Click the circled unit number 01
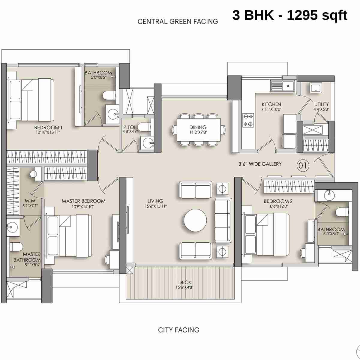[303, 165]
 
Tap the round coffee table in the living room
[195, 220]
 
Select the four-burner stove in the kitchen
[248, 120]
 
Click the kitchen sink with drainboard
[283, 86]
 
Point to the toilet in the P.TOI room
[145, 127]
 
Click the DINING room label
[198, 127]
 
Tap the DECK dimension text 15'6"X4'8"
[184, 287]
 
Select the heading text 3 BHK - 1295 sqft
[289, 15]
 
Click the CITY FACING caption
[178, 330]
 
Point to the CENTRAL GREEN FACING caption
[178, 22]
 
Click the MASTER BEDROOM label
[83, 201]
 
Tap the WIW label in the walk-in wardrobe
[30, 201]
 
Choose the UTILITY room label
[321, 104]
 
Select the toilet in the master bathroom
[16, 247]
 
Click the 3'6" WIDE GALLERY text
[260, 164]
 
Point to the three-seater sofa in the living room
[223, 220]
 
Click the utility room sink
[315, 88]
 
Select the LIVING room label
[155, 201]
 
